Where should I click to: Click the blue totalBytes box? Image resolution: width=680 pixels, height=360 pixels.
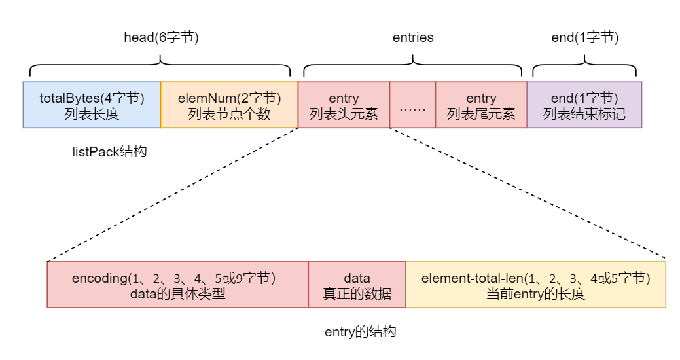92,105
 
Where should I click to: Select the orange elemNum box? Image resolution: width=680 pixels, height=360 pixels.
229,105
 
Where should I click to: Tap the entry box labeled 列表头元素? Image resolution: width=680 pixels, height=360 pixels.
344,105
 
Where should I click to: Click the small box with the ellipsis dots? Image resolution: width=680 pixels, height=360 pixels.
412,105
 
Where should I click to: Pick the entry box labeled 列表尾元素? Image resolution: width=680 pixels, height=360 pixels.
481,105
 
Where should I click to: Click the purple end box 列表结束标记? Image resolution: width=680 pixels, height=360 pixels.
584,105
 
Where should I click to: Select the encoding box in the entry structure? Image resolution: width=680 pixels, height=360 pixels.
177,285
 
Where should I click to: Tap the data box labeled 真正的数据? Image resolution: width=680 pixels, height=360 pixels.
357,285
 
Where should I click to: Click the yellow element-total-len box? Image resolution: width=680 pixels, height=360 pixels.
535,285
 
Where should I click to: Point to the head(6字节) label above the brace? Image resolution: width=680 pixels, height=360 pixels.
161,37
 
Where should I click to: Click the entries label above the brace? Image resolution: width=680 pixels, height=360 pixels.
413,37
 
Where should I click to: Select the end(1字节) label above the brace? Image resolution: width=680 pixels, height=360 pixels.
584,37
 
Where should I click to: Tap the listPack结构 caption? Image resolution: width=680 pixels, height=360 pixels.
109,152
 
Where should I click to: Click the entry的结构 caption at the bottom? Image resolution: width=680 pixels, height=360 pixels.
360,332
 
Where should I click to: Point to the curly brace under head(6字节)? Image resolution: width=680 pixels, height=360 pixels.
161,65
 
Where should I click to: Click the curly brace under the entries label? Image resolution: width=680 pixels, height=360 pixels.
413,65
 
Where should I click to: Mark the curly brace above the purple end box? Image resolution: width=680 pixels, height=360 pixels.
584,65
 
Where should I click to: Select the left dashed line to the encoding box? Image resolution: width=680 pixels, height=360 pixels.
173,194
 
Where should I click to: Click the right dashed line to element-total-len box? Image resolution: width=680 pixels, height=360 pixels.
527,194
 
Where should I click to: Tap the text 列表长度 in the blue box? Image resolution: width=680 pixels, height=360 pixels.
92,114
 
